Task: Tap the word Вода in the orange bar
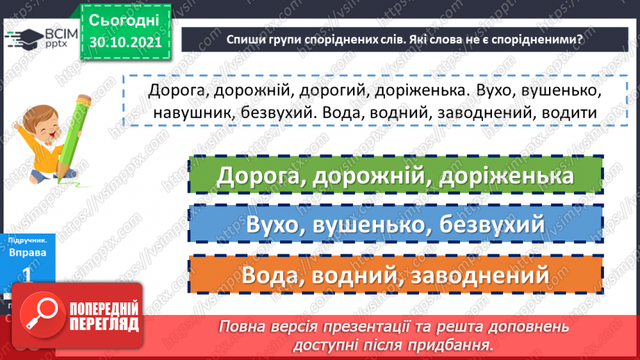click(x=270, y=275)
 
